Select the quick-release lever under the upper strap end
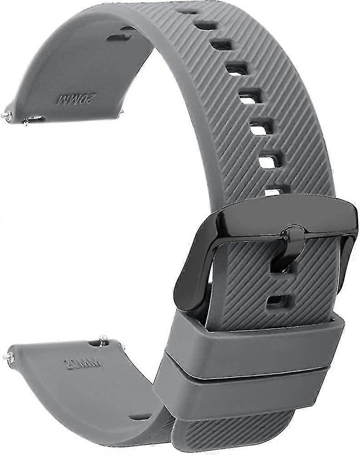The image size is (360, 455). pyautogui.click(x=34, y=120)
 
